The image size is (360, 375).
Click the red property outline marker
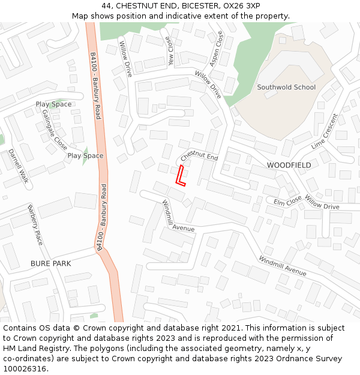(179, 175)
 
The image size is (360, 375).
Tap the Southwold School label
(286, 87)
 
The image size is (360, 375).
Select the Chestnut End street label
(199, 156)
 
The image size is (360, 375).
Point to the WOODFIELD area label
(289, 165)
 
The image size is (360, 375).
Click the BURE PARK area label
(50, 263)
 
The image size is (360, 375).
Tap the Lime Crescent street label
(325, 131)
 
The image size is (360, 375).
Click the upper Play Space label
(53, 104)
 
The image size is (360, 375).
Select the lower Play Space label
(85, 156)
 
